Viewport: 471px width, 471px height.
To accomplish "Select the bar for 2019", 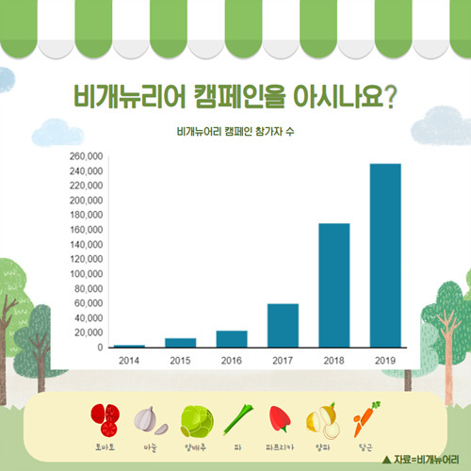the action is pyautogui.click(x=385, y=255).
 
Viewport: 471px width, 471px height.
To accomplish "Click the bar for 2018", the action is pyautogui.click(x=334, y=285).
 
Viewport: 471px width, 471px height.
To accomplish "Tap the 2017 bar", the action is pyautogui.click(x=283, y=325).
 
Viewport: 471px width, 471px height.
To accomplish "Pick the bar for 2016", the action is pyautogui.click(x=232, y=339).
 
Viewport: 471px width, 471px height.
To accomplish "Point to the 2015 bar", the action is pyautogui.click(x=181, y=343).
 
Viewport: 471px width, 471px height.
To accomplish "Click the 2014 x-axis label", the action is pyautogui.click(x=129, y=361).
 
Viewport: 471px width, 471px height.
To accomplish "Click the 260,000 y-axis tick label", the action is pyautogui.click(x=86, y=156).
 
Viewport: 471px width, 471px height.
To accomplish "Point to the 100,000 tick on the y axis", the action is pyautogui.click(x=86, y=274).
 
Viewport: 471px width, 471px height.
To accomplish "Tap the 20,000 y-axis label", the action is pyautogui.click(x=89, y=333).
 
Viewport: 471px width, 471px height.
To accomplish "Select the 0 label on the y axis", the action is pyautogui.click(x=100, y=348).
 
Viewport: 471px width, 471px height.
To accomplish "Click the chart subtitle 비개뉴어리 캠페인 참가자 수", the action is pyautogui.click(x=235, y=131).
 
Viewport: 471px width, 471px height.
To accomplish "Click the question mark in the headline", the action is pyautogui.click(x=390, y=97).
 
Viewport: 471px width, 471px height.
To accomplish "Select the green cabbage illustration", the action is pyautogui.click(x=197, y=422).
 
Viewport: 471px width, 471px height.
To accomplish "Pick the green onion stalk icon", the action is pyautogui.click(x=238, y=419).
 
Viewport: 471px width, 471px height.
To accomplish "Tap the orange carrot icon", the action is pyautogui.click(x=365, y=418).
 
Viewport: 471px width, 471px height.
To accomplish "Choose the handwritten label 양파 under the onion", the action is pyautogui.click(x=323, y=447).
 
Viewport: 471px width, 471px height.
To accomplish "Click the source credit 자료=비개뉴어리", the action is pyautogui.click(x=421, y=460).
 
